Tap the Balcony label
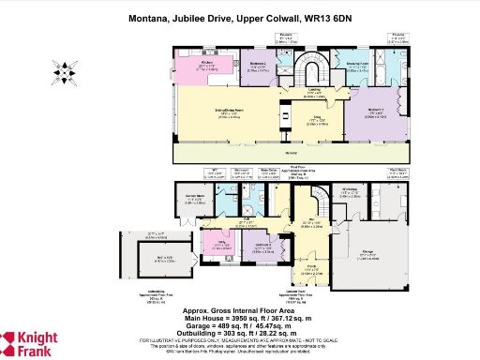(290, 150)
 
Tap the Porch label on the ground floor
(310, 270)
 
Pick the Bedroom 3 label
(263, 247)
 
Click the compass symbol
(63, 70)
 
